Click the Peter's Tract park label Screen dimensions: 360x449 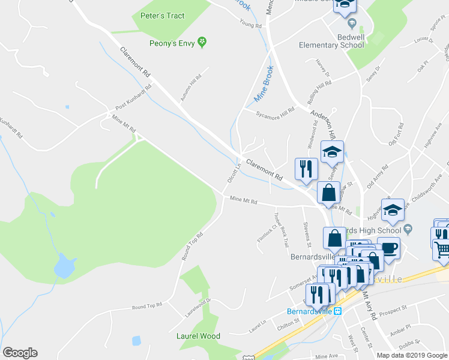pos(162,16)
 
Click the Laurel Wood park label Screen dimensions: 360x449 pos(198,336)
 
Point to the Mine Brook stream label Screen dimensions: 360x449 pos(264,83)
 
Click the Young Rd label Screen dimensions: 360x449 pos(251,26)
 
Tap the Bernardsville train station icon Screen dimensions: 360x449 pos(338,311)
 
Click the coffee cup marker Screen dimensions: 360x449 pos(388,248)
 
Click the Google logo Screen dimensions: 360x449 pos(20,353)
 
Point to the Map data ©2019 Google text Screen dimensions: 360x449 pos(412,355)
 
